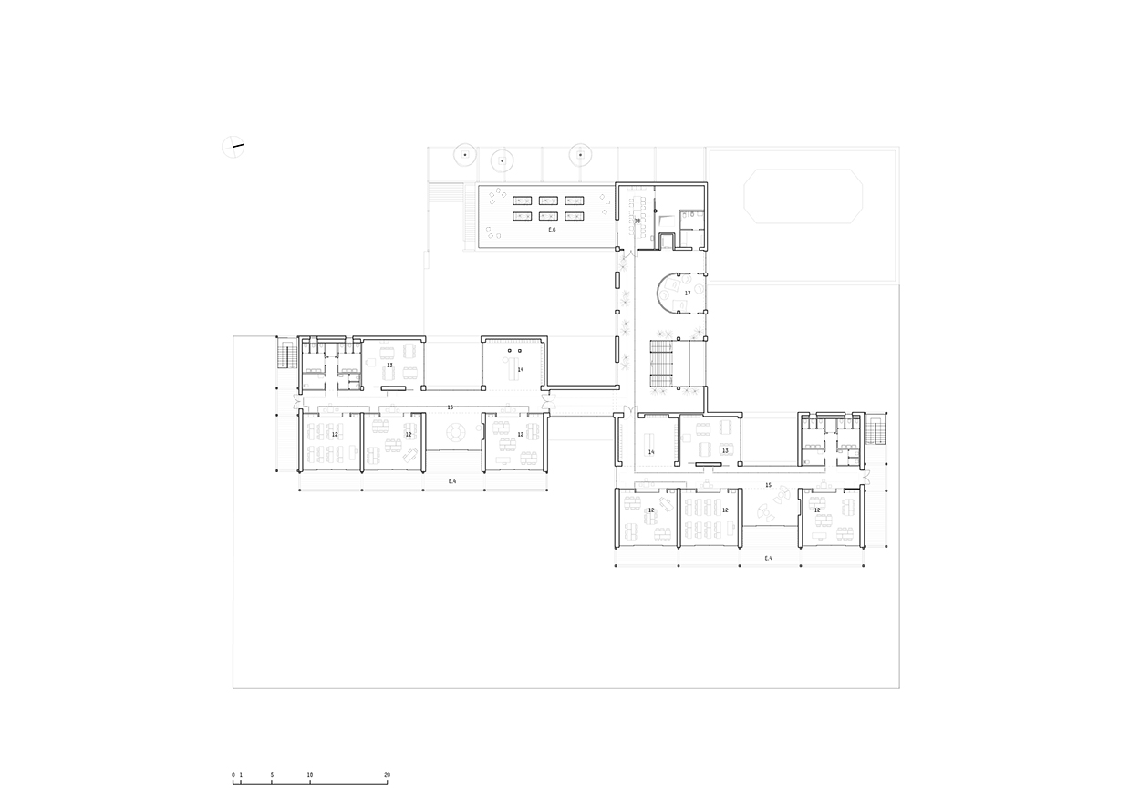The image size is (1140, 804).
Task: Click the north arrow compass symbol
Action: [x=234, y=146]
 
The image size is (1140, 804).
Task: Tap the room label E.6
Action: [x=552, y=230]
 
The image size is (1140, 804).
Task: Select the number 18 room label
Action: [x=637, y=221]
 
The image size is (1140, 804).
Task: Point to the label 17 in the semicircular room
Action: [x=688, y=293]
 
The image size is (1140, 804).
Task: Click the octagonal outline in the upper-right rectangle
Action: [x=803, y=196]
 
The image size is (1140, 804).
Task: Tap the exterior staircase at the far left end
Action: [x=284, y=355]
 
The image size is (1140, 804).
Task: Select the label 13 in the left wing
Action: [x=389, y=365]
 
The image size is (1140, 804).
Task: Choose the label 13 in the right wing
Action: [x=725, y=450]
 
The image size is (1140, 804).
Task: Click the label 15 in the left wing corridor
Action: [x=450, y=407]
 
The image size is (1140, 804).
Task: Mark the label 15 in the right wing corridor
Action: [x=769, y=485]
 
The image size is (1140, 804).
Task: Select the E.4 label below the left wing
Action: [x=451, y=480]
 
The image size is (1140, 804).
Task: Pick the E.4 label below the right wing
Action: [x=768, y=557]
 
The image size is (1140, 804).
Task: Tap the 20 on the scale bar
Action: [x=387, y=774]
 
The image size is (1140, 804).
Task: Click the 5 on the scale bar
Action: [x=272, y=774]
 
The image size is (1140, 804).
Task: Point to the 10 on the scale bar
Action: [x=310, y=774]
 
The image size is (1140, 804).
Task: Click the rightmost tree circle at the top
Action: [x=579, y=154]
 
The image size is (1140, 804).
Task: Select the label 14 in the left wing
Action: [x=520, y=370]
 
